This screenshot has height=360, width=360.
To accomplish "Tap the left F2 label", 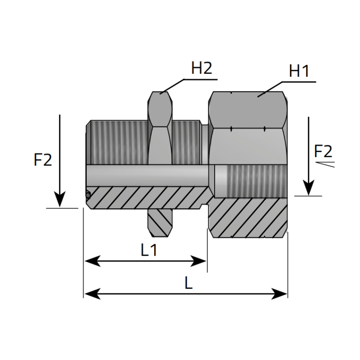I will click(x=43, y=160).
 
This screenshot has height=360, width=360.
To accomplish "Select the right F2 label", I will click(x=323, y=150).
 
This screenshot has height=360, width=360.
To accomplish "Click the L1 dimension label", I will click(x=149, y=250).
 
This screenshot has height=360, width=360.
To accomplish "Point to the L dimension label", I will click(x=189, y=283).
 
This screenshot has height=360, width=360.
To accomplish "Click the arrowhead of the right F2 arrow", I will click(x=309, y=187).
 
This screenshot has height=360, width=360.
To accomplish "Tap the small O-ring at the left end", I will click(x=88, y=195).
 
